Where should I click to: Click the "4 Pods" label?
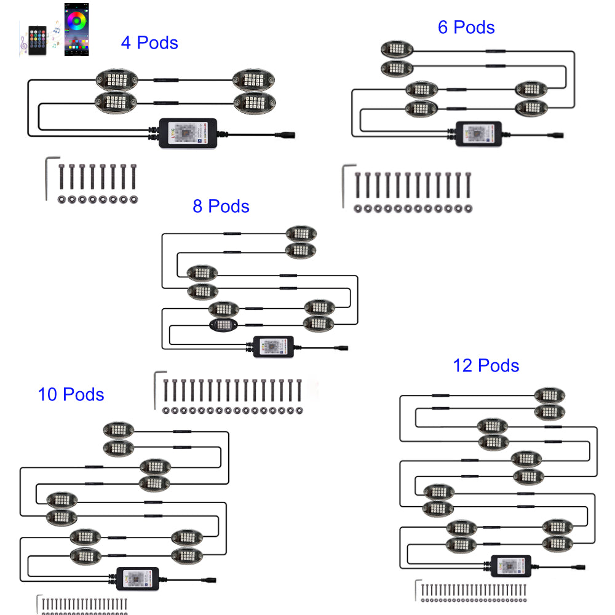click(149, 43)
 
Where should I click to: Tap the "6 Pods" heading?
click(466, 27)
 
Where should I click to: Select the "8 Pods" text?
click(221, 206)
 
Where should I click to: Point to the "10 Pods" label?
click(71, 394)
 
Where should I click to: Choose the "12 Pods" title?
click(486, 366)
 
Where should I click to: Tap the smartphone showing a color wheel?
click(77, 30)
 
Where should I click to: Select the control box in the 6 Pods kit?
click(478, 132)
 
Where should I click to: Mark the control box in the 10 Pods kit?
click(138, 579)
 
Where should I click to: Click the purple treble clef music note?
click(23, 45)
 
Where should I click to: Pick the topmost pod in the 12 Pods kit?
click(549, 395)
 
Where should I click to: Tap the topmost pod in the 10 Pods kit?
click(119, 429)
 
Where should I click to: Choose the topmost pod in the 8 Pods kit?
click(301, 233)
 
